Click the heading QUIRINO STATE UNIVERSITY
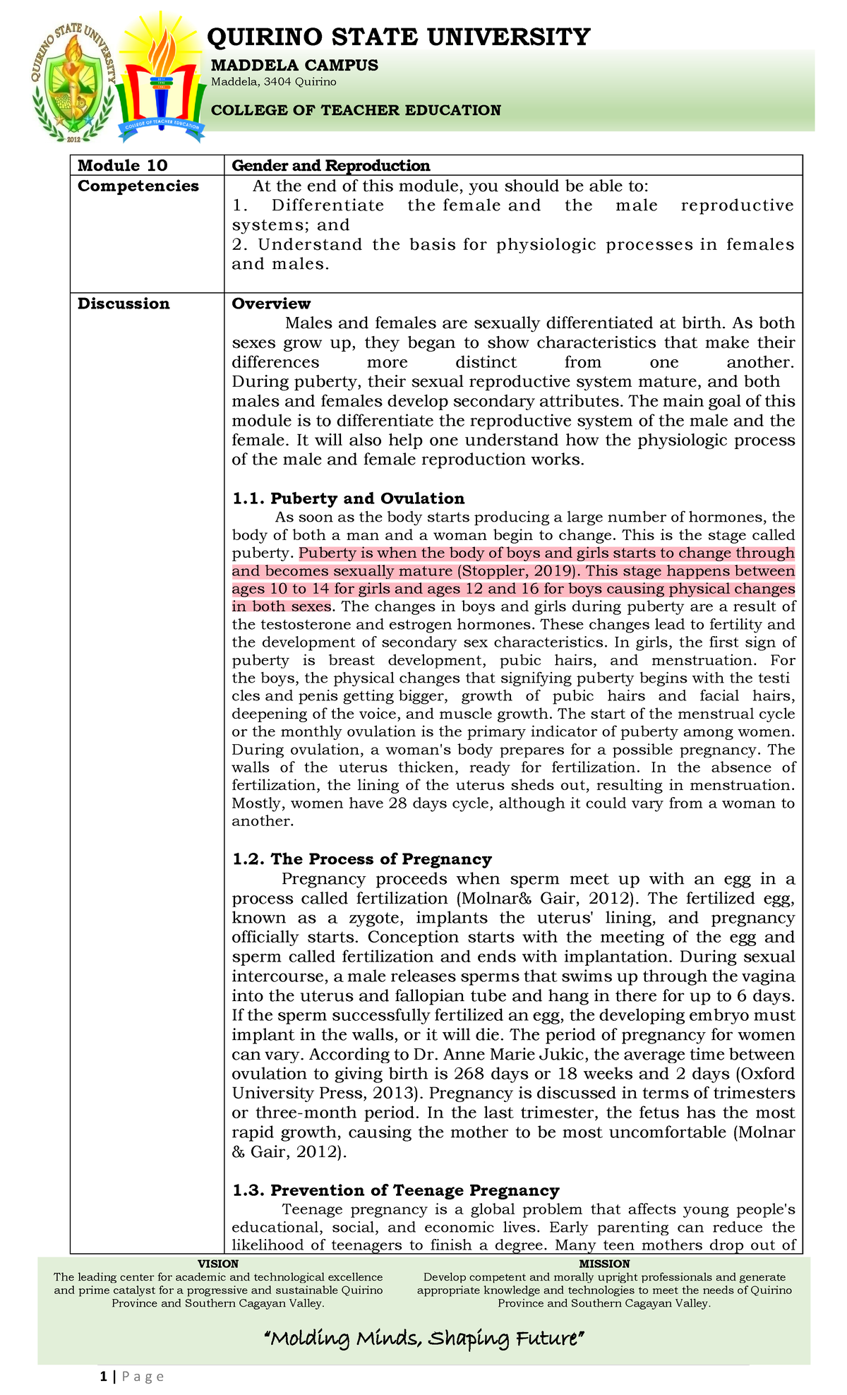tap(399, 36)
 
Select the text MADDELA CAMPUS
tap(295, 66)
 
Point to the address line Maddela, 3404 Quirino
tap(274, 82)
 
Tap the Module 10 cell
tap(123, 166)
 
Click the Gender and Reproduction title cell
tap(331, 166)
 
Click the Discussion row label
tap(124, 304)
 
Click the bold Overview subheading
tap(271, 304)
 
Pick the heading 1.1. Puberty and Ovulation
tap(349, 498)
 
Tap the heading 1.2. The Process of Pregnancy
tap(362, 859)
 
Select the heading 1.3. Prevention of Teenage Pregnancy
tap(396, 1191)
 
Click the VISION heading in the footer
tap(218, 1264)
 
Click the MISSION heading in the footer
tap(604, 1264)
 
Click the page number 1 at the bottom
tap(104, 1377)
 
